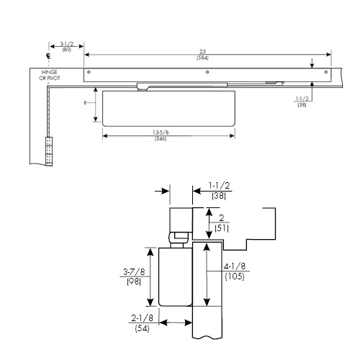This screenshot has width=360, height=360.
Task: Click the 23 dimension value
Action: click(207, 50)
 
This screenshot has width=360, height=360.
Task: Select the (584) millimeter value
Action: click(207, 57)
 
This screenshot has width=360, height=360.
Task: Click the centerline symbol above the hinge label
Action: click(48, 56)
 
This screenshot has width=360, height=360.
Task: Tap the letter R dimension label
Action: click(86, 102)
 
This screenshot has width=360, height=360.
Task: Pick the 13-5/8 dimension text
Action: click(170, 131)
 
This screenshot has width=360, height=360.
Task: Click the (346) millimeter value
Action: click(170, 138)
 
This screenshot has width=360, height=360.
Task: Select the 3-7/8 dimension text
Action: click(133, 272)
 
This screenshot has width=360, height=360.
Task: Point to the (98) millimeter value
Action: click(133, 284)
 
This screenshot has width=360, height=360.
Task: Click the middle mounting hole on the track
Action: click(207, 73)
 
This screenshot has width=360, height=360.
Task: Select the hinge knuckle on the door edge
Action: click(50, 151)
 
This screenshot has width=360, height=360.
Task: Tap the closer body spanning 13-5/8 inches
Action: click(170, 107)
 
